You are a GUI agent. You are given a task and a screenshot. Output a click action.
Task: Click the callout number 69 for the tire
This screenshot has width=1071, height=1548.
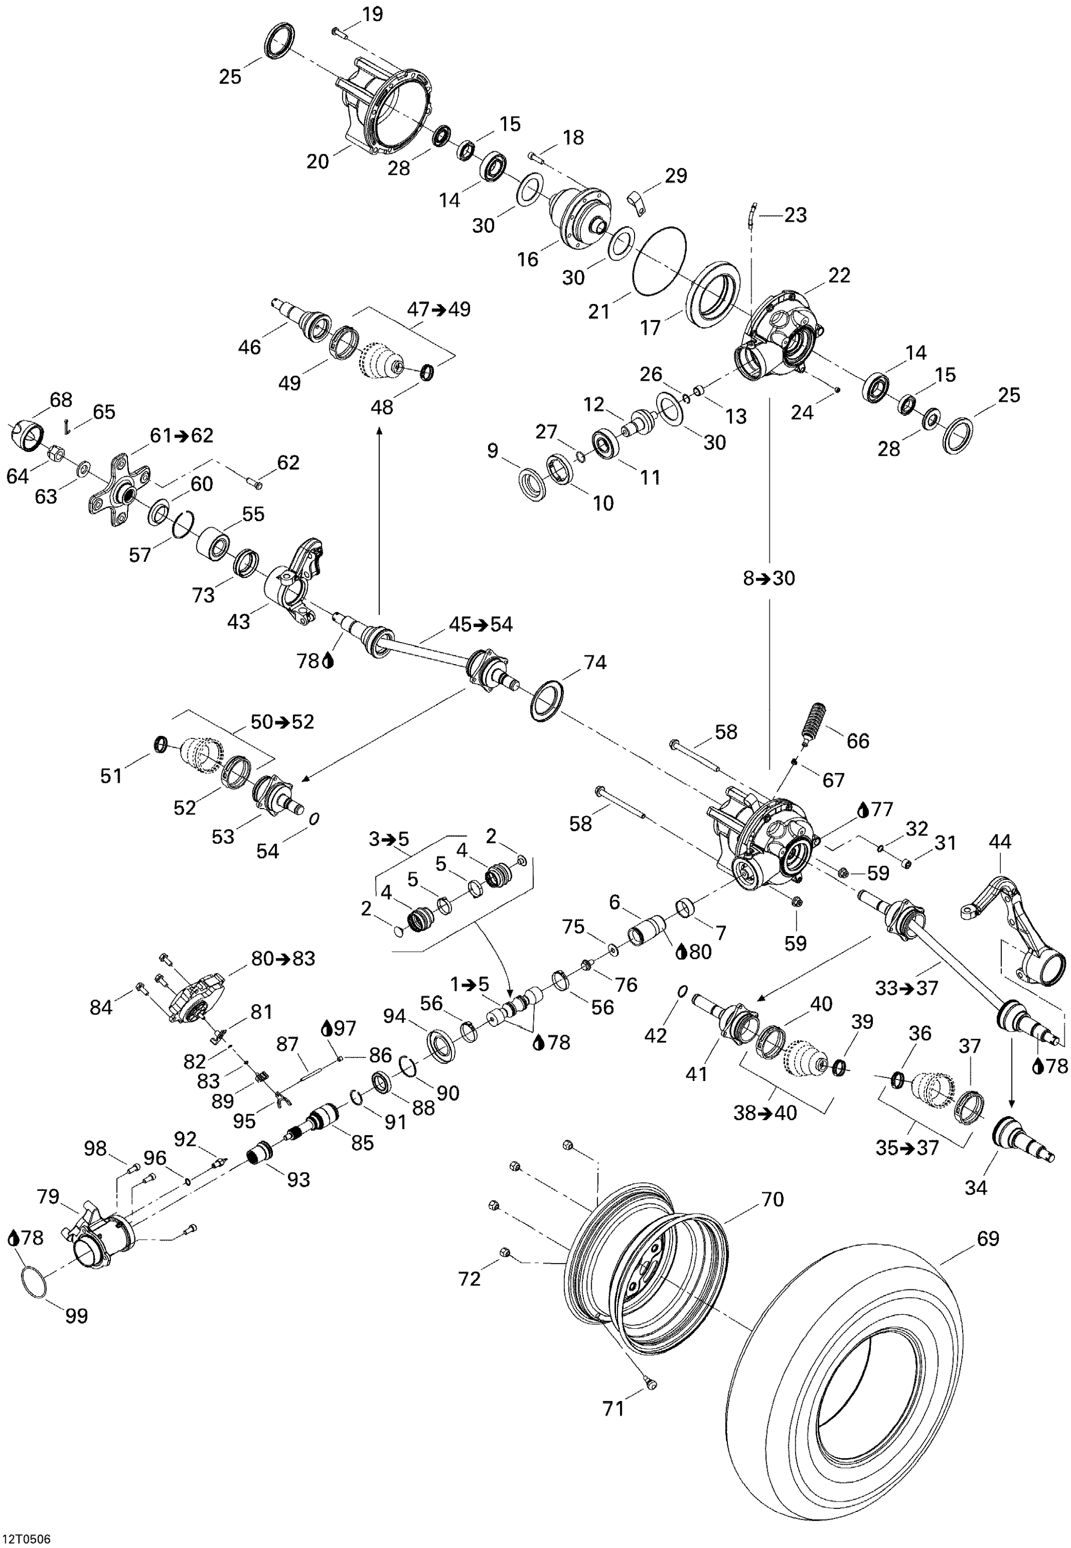(988, 1237)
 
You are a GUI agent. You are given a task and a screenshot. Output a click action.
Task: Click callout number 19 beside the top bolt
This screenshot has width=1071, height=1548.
(372, 14)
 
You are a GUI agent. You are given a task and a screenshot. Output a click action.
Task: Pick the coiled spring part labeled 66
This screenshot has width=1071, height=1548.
(815, 721)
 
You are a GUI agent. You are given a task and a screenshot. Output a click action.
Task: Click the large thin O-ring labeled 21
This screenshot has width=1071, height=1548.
(660, 259)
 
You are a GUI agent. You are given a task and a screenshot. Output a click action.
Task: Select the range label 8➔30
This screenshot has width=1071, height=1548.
(769, 578)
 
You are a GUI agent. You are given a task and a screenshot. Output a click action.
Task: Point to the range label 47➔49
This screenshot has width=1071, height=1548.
(439, 309)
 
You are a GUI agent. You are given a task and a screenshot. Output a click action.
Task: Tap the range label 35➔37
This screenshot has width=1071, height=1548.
(907, 1148)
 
